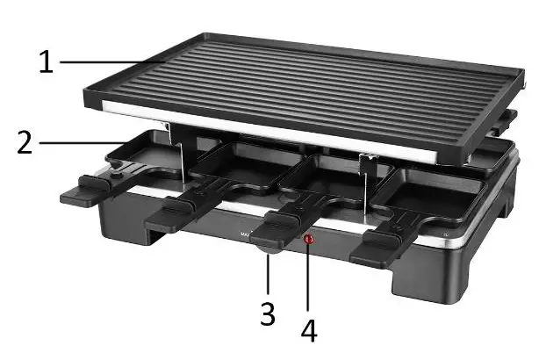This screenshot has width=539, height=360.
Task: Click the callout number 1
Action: point(48,62)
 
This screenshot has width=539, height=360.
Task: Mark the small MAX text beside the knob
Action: point(245,235)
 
